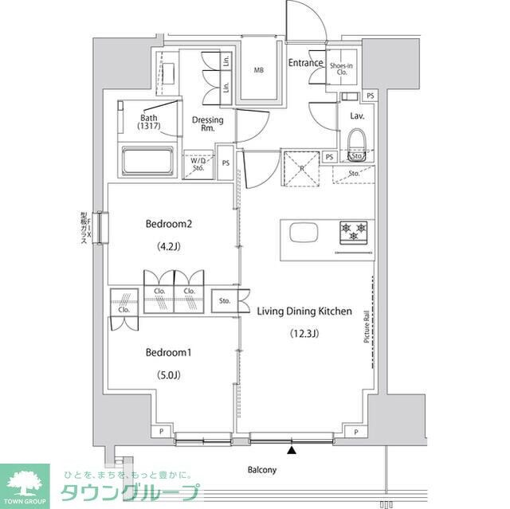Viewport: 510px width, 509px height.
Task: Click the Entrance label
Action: coord(305,63)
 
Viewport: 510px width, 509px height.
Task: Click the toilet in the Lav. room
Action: coord(356,146)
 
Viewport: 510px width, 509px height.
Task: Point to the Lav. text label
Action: coord(357,116)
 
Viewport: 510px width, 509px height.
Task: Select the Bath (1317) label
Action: coord(149,121)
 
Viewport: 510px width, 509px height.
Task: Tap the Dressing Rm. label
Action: coord(207,124)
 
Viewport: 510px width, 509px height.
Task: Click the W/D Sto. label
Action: coord(198,164)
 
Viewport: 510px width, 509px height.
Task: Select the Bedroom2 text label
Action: coord(169,224)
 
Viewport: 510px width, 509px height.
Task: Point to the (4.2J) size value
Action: coord(169,246)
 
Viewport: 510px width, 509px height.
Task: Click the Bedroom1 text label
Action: coord(169,352)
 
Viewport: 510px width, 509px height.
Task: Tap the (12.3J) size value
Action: coord(304,334)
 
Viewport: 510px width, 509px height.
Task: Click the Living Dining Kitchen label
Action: coord(304,311)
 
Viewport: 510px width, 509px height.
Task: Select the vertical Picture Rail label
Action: coord(367,327)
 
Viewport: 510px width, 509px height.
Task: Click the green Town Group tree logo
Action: coord(25,483)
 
